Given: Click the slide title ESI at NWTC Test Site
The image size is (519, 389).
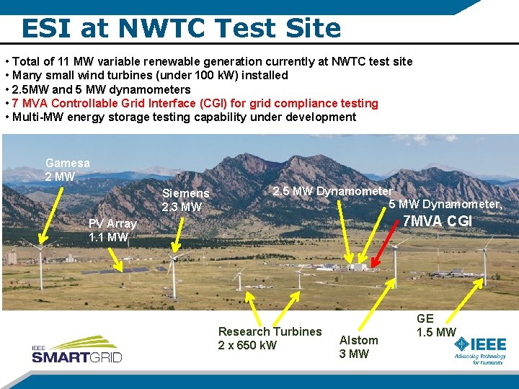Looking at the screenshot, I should pyautogui.click(x=181, y=27).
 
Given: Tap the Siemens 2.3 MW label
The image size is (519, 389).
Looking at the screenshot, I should pyautogui.click(x=185, y=200).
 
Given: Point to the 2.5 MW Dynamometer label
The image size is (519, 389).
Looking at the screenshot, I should pyautogui.click(x=332, y=191).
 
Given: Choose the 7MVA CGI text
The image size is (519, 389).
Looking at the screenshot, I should pyautogui.click(x=437, y=221).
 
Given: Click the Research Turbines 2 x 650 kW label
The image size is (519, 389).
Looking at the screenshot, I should pyautogui.click(x=270, y=338).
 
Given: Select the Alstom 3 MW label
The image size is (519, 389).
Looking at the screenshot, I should pyautogui.click(x=358, y=346).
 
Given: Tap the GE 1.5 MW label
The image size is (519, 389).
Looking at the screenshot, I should pyautogui.click(x=435, y=325).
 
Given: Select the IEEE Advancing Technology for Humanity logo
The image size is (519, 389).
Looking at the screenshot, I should pyautogui.click(x=479, y=350).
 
